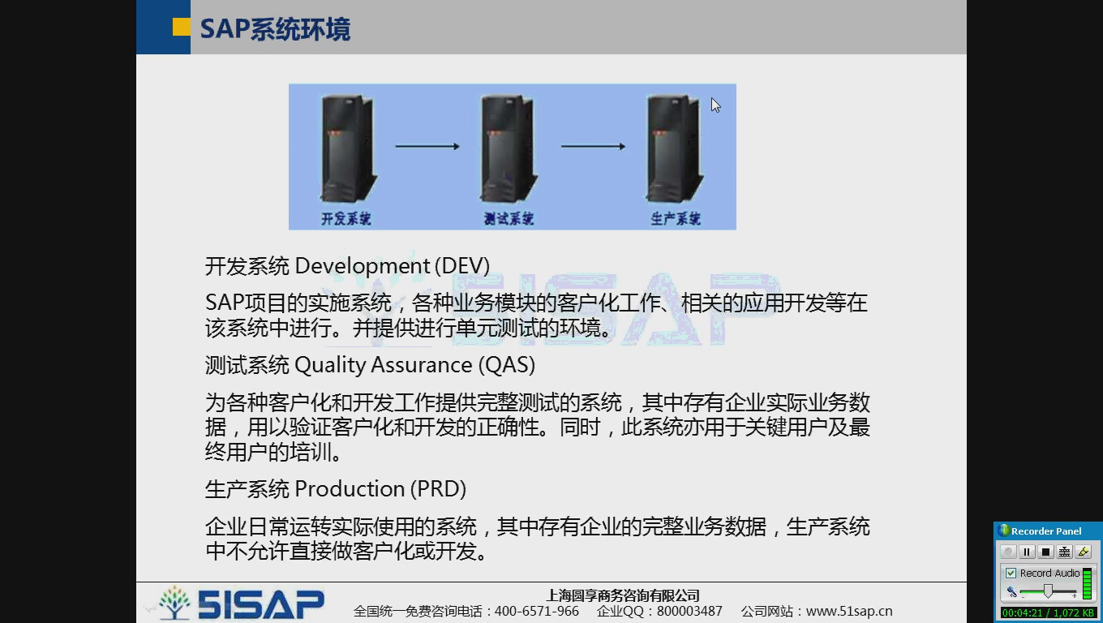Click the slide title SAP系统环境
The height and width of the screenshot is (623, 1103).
275,29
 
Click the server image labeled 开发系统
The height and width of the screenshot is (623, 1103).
348,148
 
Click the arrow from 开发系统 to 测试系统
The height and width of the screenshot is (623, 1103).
427,147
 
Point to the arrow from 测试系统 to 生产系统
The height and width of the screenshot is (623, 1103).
593,147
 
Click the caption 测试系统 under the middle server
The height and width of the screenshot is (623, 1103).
509,219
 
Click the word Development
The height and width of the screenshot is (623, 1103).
363,266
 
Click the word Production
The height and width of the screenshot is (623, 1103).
350,489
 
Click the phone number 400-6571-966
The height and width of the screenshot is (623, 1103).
537,612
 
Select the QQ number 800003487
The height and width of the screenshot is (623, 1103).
689,612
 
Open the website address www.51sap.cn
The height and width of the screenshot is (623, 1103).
849,612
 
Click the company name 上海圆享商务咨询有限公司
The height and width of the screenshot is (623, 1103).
624,596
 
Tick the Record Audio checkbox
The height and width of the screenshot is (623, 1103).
1011,574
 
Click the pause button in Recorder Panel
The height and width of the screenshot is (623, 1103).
1027,552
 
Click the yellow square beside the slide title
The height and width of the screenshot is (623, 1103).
182,28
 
